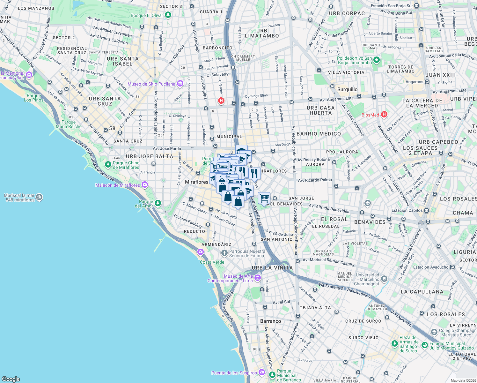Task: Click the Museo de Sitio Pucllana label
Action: (x=151, y=84)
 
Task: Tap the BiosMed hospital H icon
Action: (x=384, y=114)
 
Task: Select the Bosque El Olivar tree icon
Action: (x=168, y=15)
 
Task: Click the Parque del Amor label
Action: (x=146, y=204)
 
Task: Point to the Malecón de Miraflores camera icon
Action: (x=145, y=185)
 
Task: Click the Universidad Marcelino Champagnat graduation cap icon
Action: (x=384, y=279)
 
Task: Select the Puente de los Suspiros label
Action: (x=234, y=373)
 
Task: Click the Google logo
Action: (x=11, y=379)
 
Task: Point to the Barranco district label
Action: (x=271, y=321)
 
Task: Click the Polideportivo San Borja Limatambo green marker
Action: (x=377, y=60)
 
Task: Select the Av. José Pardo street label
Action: (x=167, y=148)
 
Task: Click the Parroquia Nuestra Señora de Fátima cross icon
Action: (x=224, y=253)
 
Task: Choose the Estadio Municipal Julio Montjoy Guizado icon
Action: (x=424, y=345)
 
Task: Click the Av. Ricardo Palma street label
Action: (x=315, y=180)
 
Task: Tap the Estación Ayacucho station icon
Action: (x=452, y=267)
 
